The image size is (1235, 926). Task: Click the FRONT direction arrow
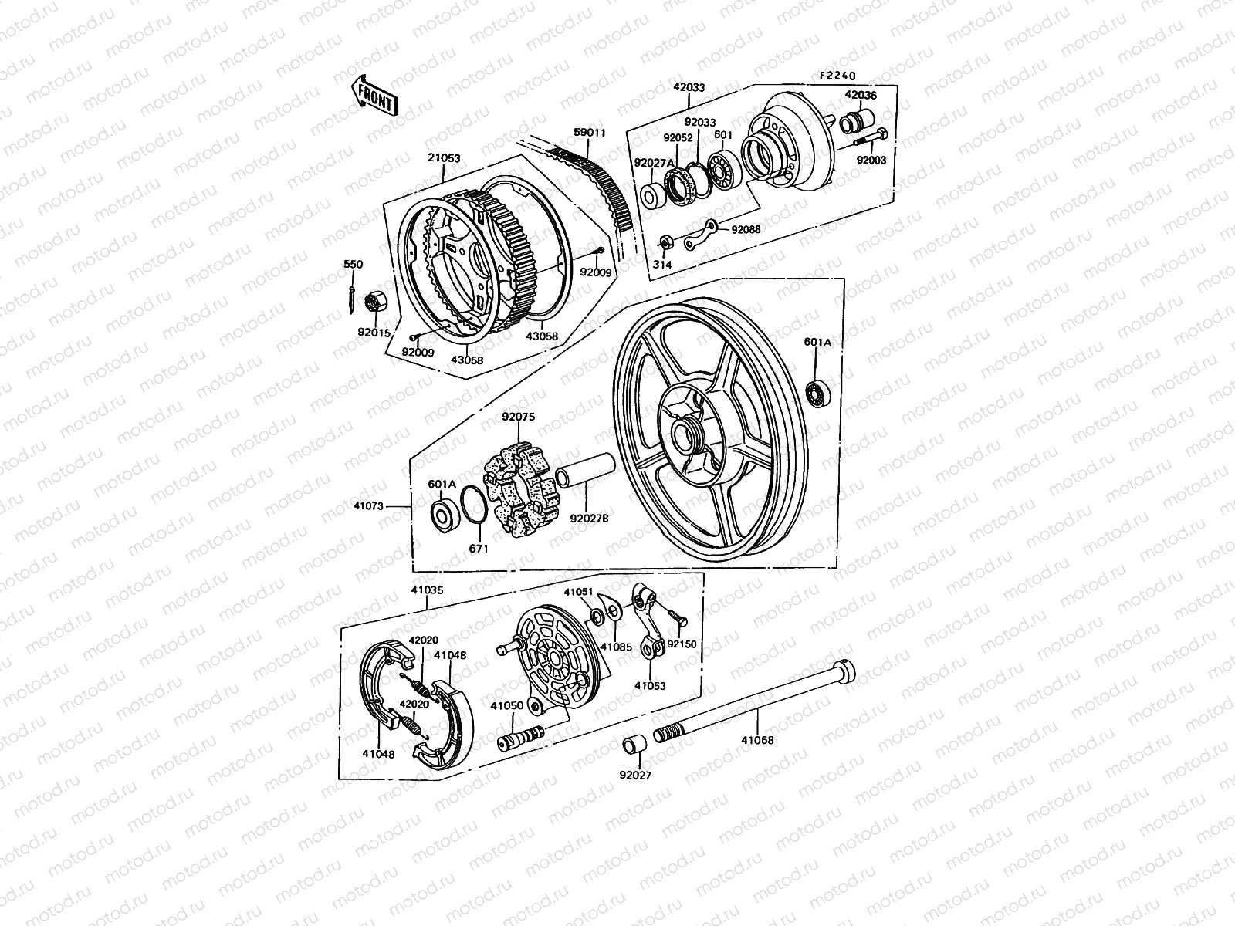tap(374, 95)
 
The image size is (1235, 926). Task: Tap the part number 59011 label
tap(589, 133)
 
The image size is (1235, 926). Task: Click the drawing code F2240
tap(838, 76)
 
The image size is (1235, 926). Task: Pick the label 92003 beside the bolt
tap(871, 161)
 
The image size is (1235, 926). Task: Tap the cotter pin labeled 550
tap(352, 294)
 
